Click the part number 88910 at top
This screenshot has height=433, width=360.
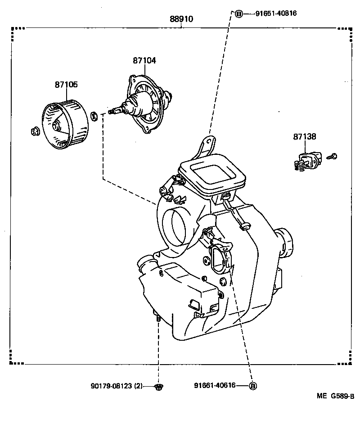coord(181,19)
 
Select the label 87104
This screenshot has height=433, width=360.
coord(144,60)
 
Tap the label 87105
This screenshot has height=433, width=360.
coord(66,84)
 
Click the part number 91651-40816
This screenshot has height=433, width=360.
coord(276,14)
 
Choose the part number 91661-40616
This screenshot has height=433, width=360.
coord(215,385)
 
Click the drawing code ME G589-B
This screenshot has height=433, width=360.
coord(335,396)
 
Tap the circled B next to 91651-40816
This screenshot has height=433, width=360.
coord(239,14)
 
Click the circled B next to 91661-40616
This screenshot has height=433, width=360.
coord(252,386)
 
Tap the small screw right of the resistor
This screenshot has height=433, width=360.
coord(333,156)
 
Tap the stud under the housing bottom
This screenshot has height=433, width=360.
coord(158,319)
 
